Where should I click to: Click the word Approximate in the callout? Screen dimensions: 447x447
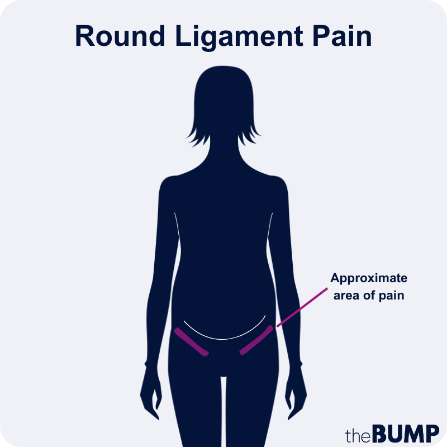coord(369,279)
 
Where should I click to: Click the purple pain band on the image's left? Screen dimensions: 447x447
coord(191,342)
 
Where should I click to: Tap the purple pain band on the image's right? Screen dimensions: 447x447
coord(256,340)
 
